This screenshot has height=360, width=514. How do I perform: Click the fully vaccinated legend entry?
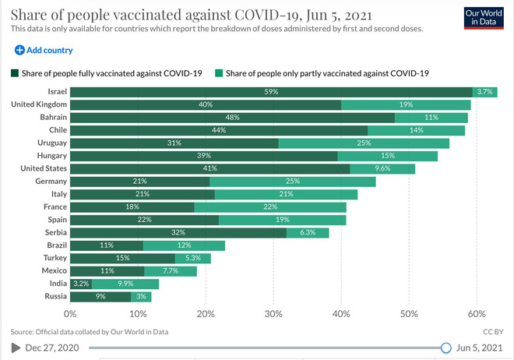click(x=107, y=73)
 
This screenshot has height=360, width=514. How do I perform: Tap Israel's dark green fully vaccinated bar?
click(x=271, y=92)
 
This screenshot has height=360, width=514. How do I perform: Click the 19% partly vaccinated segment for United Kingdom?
click(x=406, y=104)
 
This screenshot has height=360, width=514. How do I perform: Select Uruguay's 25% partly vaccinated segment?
click(x=364, y=143)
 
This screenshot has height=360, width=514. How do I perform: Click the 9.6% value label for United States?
click(x=382, y=168)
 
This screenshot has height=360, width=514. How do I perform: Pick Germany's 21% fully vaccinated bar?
click(x=140, y=182)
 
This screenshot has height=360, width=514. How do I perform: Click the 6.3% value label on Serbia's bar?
click(x=308, y=232)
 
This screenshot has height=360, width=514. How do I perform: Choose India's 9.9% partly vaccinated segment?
click(x=125, y=284)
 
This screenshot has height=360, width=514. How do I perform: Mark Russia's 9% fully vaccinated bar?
click(x=100, y=296)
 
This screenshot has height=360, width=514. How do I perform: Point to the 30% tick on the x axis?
click(x=273, y=313)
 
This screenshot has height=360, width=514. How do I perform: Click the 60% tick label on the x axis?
click(x=476, y=313)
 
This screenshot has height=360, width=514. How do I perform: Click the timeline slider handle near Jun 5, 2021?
click(x=446, y=348)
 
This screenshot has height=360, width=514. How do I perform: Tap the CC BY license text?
click(x=494, y=331)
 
